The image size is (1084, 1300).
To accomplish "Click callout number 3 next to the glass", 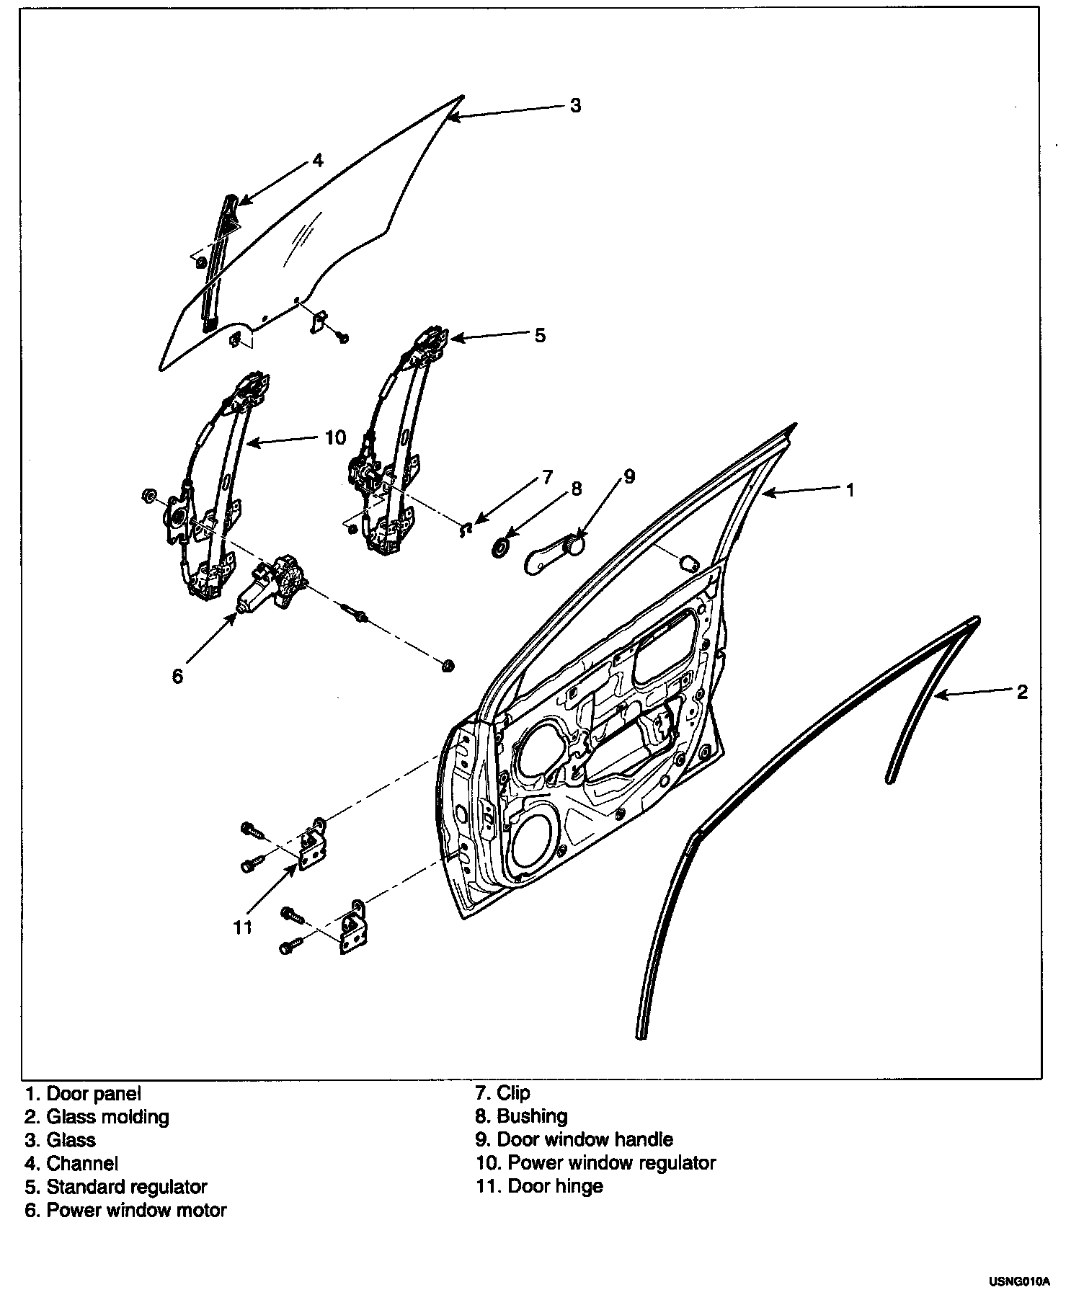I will pos(575,105).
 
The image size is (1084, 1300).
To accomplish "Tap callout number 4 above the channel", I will pos(318,160).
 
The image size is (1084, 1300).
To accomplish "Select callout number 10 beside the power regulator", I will pos(336,437).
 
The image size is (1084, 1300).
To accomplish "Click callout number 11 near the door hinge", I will pos(243,927).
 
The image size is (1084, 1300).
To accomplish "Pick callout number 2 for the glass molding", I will pos(1022,692).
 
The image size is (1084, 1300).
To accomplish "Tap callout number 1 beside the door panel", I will pos(850,490).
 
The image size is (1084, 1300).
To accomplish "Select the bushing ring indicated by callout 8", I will pos(499,548).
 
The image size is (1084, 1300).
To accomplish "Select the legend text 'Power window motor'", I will pos(135,1210).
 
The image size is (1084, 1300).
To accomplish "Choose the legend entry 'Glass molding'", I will pos(107,1117).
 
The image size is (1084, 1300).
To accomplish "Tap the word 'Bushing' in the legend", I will pos(532,1116).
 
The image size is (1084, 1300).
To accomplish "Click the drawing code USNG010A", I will pos(1019,1281).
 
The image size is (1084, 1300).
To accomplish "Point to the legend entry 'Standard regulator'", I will pos(126,1186).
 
